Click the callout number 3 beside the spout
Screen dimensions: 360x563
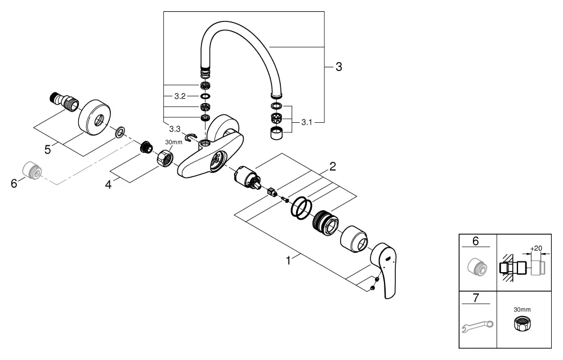pos(338,67)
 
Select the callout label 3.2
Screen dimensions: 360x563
pos(180,96)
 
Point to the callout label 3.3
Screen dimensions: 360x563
pos(175,129)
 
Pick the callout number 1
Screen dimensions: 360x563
pos(289,260)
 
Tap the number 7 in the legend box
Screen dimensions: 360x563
pos(476,298)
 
